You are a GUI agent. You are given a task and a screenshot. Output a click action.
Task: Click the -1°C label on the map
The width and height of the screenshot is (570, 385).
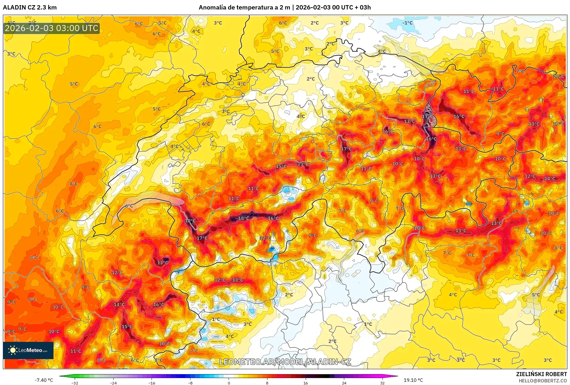407,23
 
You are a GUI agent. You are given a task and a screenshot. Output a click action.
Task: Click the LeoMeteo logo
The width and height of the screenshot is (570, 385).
28,350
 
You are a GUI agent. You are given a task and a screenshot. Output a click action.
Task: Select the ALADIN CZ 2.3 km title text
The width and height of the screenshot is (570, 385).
30,7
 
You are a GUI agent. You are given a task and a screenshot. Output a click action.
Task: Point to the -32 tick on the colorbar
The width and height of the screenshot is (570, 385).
75,383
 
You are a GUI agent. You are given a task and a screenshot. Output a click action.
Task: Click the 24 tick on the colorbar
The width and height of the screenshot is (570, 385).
344,383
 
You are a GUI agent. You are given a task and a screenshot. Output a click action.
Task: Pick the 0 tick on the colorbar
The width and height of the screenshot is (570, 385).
229,383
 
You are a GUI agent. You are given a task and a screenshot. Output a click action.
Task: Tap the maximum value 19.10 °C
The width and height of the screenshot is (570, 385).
413,380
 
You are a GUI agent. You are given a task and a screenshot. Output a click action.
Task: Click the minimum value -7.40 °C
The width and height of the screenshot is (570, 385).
44,380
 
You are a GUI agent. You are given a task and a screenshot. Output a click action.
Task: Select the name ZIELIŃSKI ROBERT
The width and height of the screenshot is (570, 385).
541,374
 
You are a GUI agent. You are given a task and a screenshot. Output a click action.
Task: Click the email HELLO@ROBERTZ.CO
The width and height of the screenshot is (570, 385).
543,381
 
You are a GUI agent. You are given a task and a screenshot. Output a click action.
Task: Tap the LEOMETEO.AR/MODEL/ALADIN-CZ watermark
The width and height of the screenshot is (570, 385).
285,362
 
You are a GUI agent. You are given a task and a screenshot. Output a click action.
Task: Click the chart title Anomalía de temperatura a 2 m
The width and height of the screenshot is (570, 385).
244,7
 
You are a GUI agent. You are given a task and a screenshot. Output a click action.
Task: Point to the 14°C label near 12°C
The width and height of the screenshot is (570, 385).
550,179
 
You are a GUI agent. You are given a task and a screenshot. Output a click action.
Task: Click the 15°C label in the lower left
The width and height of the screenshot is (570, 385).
127,327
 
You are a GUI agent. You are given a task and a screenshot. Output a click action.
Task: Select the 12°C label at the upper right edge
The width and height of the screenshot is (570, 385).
559,76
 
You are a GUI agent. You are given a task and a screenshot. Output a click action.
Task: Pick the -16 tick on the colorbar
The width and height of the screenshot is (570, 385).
152,383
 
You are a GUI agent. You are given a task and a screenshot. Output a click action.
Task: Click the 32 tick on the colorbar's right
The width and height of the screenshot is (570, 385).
382,383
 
